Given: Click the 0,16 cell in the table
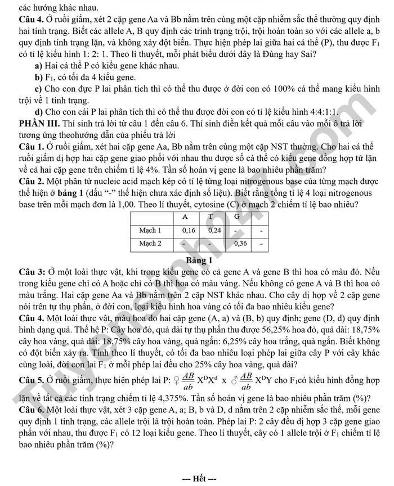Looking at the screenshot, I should [189, 230].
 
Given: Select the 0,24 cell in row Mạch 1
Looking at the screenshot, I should [215, 230].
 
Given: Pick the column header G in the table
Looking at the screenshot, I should [237, 217].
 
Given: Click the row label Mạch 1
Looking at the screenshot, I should [150, 230].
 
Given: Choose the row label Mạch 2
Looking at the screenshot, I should [150, 244].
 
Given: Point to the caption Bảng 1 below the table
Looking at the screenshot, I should [199, 260].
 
